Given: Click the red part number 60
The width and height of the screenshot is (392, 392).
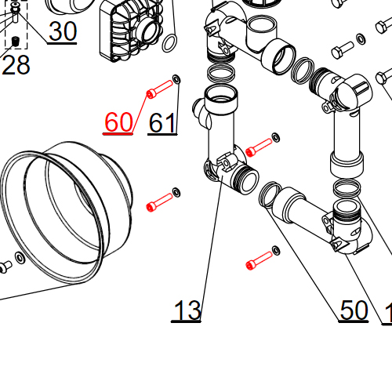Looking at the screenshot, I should pos(118,122).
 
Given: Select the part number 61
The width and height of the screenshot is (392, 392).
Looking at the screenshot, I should pos(162,122).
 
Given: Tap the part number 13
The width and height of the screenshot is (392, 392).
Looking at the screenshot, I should pos(187,310).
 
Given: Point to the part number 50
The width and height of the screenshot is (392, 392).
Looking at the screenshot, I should pos(354,310).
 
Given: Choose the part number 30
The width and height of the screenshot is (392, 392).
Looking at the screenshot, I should pos(63,31).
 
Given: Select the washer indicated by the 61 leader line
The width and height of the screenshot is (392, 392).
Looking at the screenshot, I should pos(176,79).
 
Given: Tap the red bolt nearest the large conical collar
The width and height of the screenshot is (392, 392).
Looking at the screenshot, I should pos(159,201).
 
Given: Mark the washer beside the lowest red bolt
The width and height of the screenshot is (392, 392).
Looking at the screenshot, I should pos(275,251).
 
